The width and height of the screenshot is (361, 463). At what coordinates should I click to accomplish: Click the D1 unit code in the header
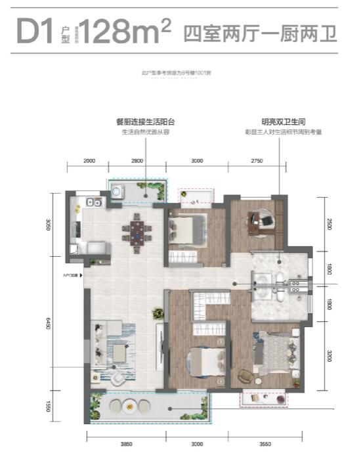tap(34, 32)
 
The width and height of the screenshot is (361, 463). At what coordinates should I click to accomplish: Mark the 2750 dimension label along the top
tap(257, 161)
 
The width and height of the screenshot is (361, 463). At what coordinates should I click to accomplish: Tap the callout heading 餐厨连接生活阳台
tap(145, 122)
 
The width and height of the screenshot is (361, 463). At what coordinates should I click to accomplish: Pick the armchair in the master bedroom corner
tap(244, 375)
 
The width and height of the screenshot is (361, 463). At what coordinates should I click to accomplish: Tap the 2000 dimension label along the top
tap(90, 161)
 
